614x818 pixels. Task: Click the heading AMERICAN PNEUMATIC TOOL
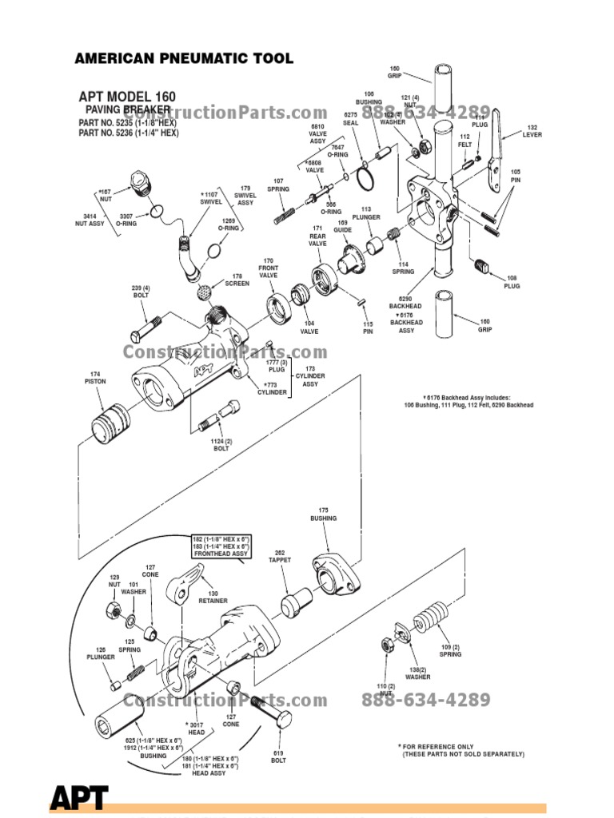tap(183, 58)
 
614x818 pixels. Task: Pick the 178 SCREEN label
tap(237, 280)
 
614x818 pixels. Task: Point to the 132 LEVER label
tap(532, 131)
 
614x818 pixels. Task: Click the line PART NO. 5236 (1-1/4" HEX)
tap(128, 133)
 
